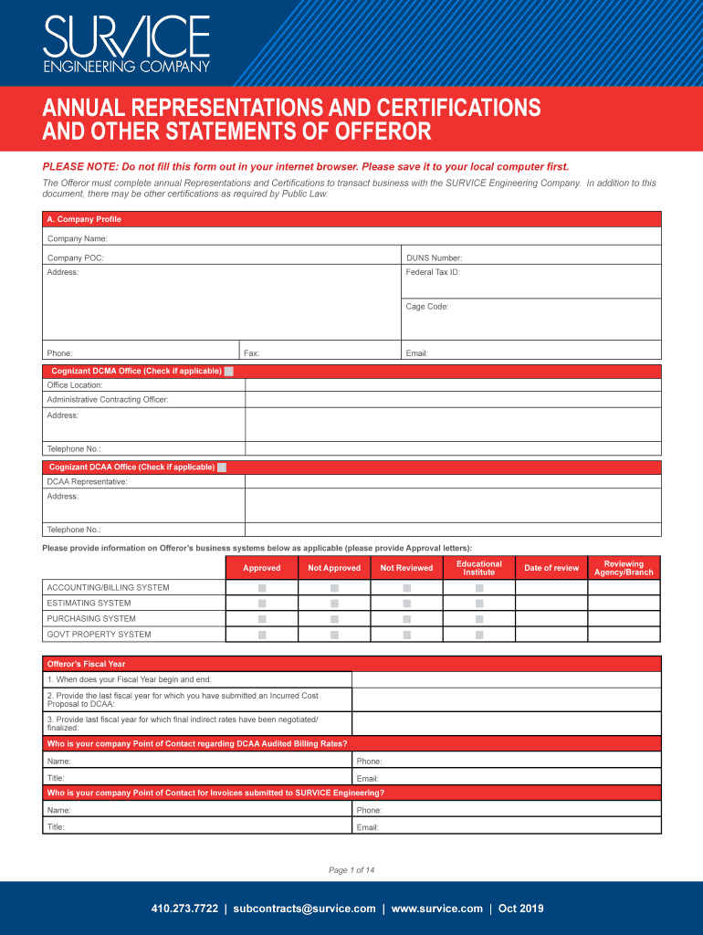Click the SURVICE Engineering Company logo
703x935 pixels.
(127, 43)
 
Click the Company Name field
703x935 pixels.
(383, 238)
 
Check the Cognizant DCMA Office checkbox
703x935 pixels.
(229, 372)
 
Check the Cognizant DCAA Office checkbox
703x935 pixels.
(222, 467)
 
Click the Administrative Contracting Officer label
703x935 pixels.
(108, 400)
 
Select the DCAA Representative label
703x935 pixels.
(88, 481)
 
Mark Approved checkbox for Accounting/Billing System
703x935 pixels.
(262, 588)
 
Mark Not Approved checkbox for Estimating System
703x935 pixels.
(334, 604)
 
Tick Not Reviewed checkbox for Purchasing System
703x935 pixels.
(407, 619)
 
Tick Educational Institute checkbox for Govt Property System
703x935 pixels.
(479, 635)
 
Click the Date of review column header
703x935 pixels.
(551, 568)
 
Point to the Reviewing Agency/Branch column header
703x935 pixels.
(624, 568)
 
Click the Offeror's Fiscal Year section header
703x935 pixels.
(87, 664)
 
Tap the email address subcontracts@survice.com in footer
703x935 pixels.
(304, 909)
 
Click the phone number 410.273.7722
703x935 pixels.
(184, 909)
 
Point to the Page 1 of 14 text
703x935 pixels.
(351, 870)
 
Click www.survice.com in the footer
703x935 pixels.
(436, 909)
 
